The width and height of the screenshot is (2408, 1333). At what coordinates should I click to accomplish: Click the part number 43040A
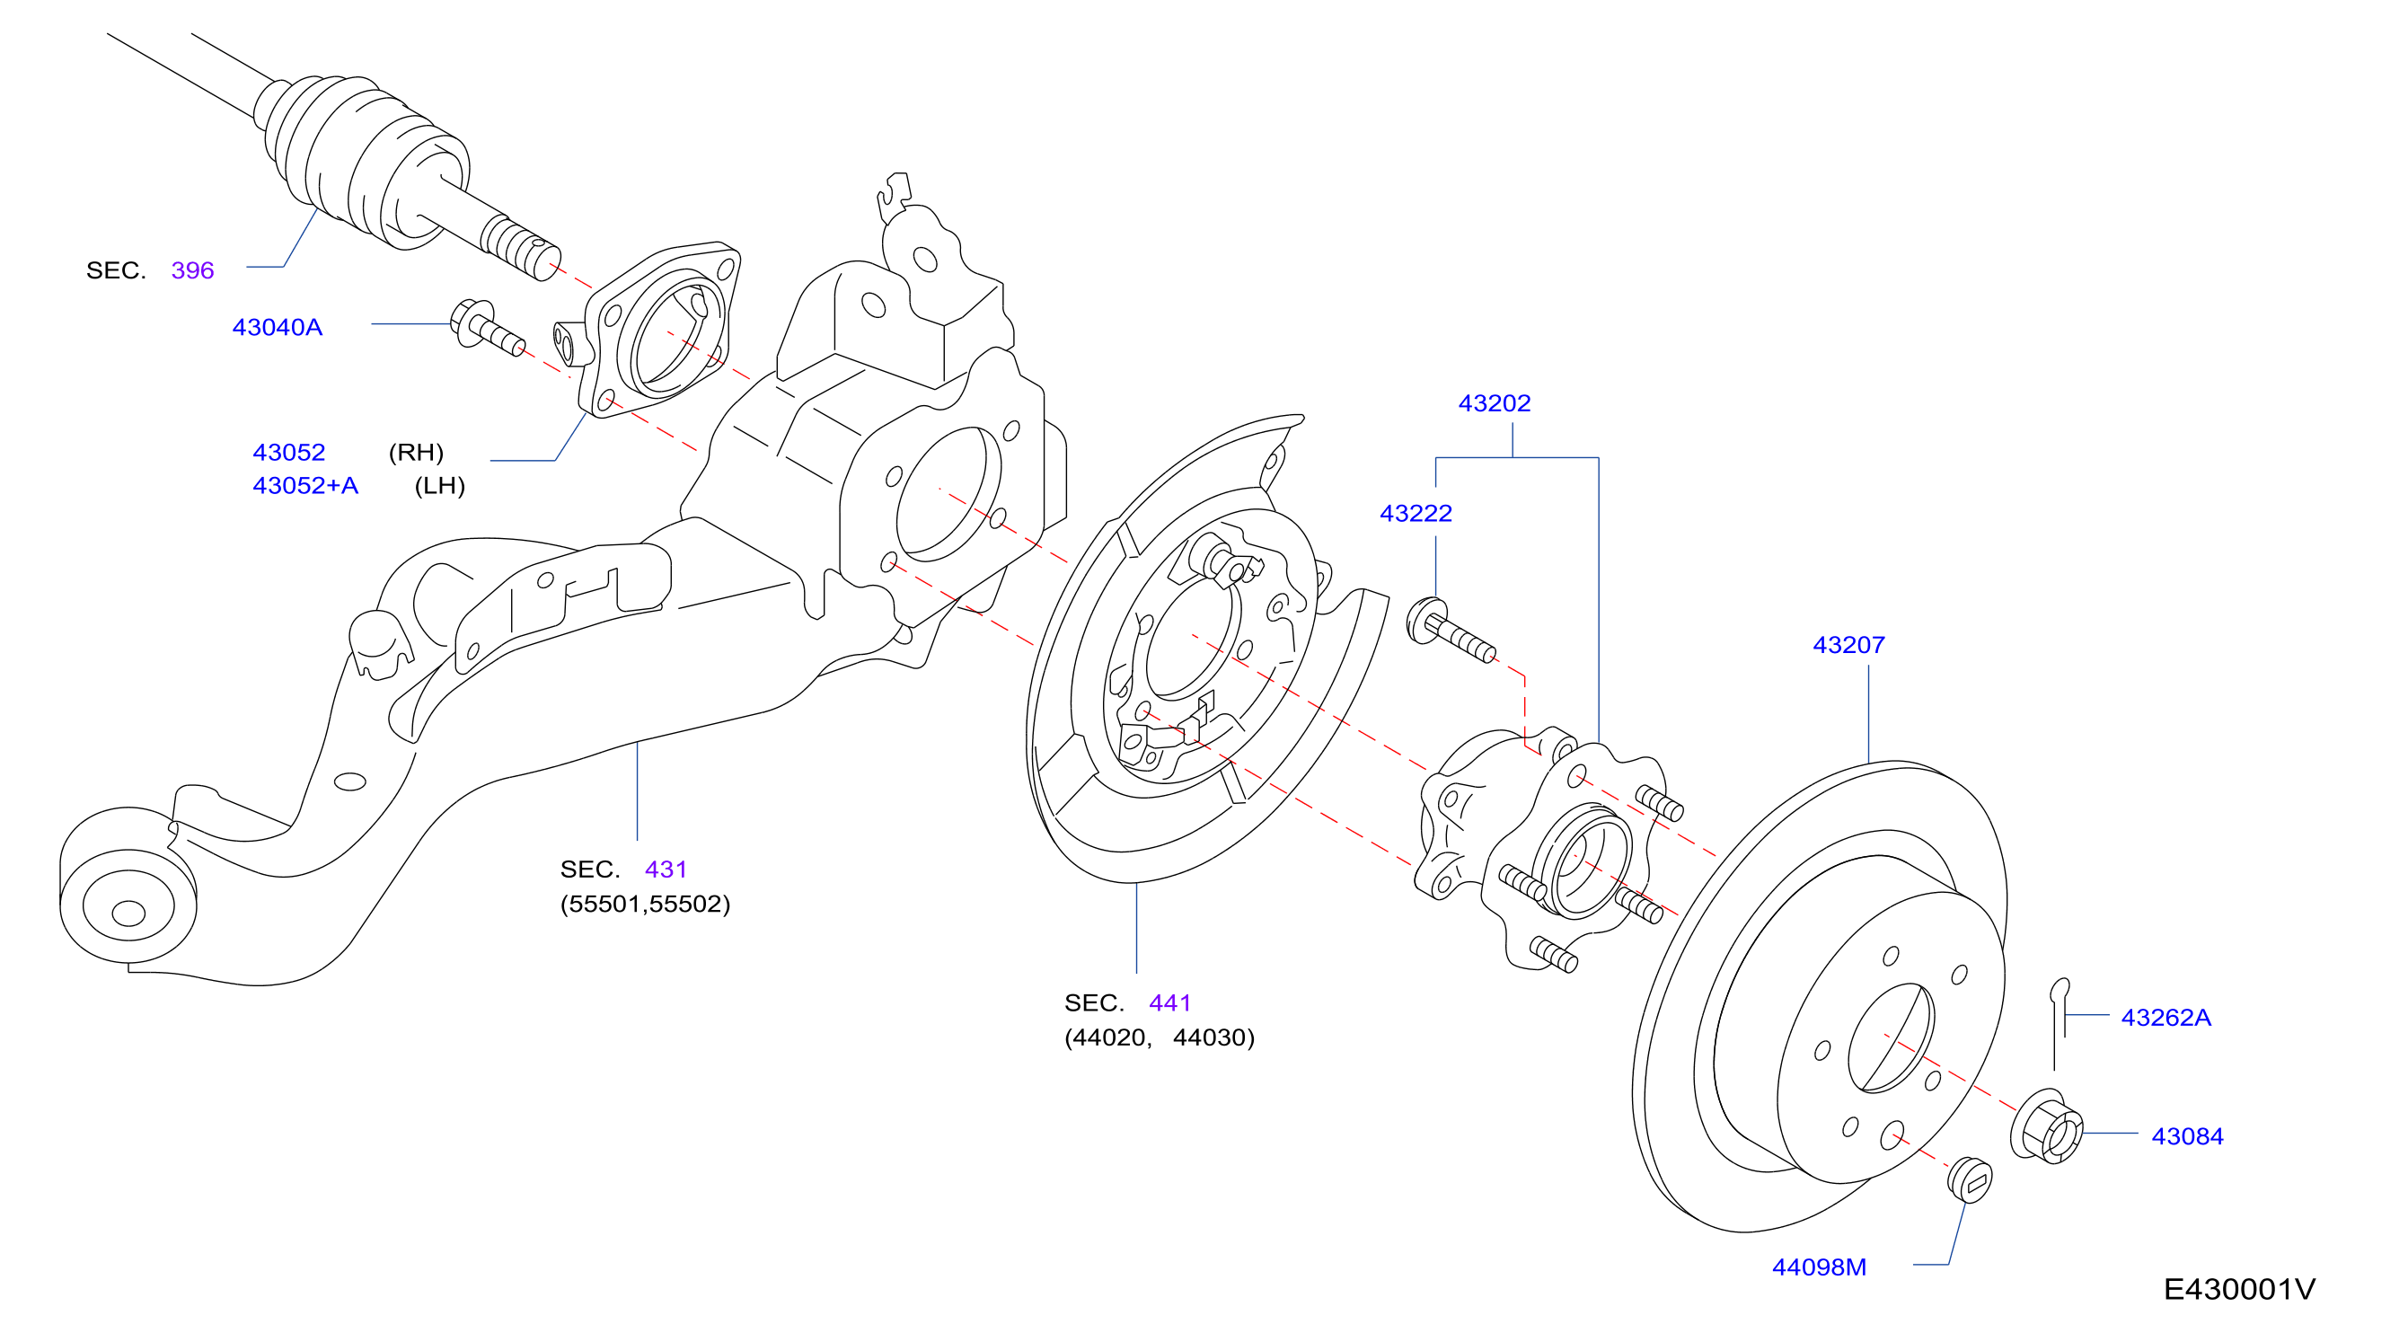click(277, 327)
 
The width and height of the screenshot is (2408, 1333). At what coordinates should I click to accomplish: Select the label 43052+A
click(304, 485)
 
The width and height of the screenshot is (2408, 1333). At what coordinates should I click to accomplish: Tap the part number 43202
click(1494, 403)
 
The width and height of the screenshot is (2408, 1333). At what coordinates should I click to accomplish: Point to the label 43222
click(1416, 513)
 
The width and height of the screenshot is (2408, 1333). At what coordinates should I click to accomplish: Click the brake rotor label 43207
click(1848, 645)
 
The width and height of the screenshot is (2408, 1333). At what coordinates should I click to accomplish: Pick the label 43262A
click(2165, 1017)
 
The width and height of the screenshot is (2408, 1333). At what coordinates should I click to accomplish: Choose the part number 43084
click(2186, 1135)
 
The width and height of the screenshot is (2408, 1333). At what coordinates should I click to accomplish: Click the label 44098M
click(1818, 1267)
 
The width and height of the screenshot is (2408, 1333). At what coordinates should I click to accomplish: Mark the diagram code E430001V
click(2238, 1289)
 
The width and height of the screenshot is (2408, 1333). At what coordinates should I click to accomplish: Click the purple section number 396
click(192, 270)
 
